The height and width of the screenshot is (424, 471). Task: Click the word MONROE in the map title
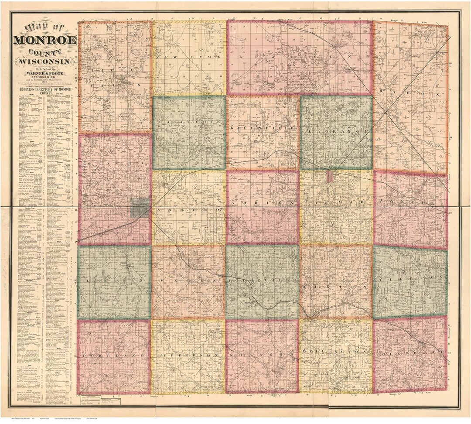coord(45,41)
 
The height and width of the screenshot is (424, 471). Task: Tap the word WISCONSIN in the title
coord(45,61)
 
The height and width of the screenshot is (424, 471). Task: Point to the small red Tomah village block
coord(330,177)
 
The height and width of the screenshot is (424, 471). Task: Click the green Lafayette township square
coord(189,133)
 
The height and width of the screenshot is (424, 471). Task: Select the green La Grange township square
coord(336,133)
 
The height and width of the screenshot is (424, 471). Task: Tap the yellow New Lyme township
coord(189,58)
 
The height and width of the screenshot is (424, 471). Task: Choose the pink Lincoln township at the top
coord(300,58)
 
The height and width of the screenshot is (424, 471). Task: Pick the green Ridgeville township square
coord(262,282)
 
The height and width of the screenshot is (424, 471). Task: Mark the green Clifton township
coord(410,282)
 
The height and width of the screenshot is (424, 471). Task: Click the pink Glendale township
coord(410,355)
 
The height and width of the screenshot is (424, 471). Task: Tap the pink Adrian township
coord(263,207)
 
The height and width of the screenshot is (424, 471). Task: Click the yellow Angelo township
coord(189,208)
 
